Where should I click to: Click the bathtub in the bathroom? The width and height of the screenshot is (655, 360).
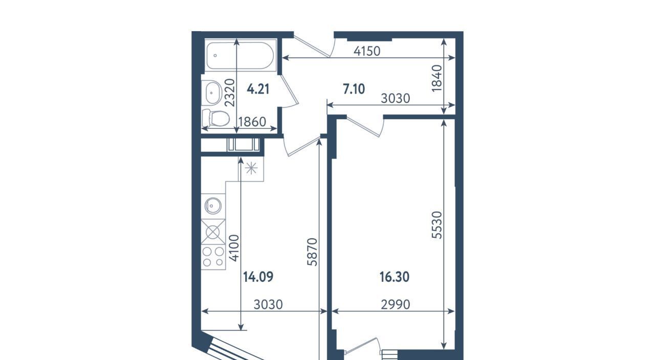(x=241, y=55)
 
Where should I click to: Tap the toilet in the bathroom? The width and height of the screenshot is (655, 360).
(x=216, y=118)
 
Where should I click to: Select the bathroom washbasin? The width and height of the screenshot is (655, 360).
(x=212, y=93)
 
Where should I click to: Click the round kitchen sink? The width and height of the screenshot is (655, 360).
(x=213, y=206)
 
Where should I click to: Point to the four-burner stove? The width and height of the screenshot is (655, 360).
(x=213, y=257)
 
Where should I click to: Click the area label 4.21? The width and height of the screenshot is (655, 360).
(x=258, y=89)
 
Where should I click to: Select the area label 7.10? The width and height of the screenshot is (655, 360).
(x=354, y=89)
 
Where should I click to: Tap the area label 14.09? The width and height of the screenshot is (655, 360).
(x=258, y=277)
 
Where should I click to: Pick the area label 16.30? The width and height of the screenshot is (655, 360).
(x=395, y=277)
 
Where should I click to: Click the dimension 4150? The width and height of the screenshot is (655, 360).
(x=367, y=52)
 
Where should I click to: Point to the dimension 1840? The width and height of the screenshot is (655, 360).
(x=437, y=78)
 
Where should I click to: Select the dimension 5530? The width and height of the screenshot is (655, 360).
(x=437, y=225)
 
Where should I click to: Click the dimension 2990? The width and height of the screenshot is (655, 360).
(x=396, y=305)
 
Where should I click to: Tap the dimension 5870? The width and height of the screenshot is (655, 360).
(x=312, y=252)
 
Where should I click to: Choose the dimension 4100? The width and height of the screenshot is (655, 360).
(x=234, y=248)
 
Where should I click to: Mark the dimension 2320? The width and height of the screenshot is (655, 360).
(x=230, y=93)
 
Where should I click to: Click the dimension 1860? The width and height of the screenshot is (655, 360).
(x=252, y=122)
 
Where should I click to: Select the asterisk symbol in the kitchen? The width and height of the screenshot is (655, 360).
(x=251, y=169)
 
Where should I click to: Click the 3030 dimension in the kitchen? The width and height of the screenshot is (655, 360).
(x=268, y=305)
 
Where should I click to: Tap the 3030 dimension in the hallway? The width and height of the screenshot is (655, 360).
(x=396, y=99)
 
